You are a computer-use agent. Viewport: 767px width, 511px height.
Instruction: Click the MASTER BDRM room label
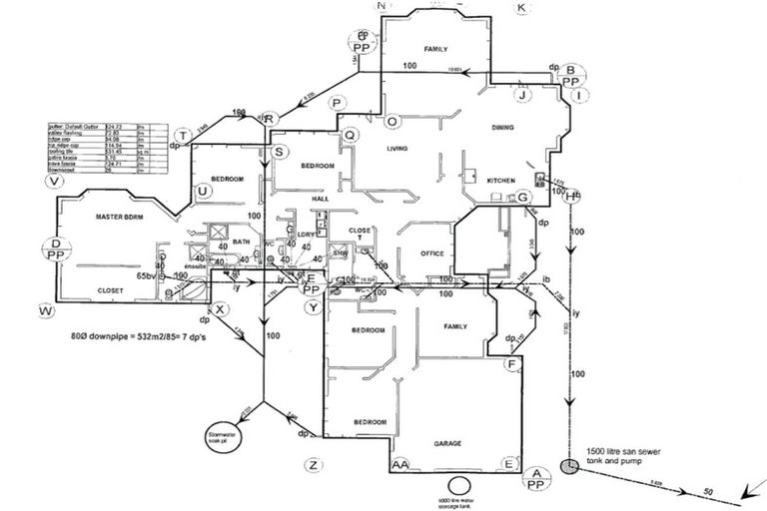click(x=115, y=216)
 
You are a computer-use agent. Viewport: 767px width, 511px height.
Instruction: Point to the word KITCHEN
click(x=500, y=181)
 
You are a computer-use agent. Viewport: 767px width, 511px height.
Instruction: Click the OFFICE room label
click(x=431, y=254)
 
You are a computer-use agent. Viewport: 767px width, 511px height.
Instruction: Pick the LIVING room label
click(x=400, y=149)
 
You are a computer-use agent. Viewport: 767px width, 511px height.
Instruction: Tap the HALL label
click(x=320, y=199)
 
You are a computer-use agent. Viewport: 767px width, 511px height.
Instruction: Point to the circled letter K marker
click(x=521, y=8)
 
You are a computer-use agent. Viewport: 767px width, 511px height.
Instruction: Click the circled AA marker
click(x=400, y=465)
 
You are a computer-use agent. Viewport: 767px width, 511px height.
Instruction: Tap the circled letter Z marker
click(x=314, y=465)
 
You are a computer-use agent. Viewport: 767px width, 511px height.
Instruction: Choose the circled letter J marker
click(x=520, y=95)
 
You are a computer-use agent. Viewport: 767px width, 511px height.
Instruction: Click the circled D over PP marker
click(x=56, y=249)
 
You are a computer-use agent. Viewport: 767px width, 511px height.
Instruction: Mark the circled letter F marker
click(x=511, y=365)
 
